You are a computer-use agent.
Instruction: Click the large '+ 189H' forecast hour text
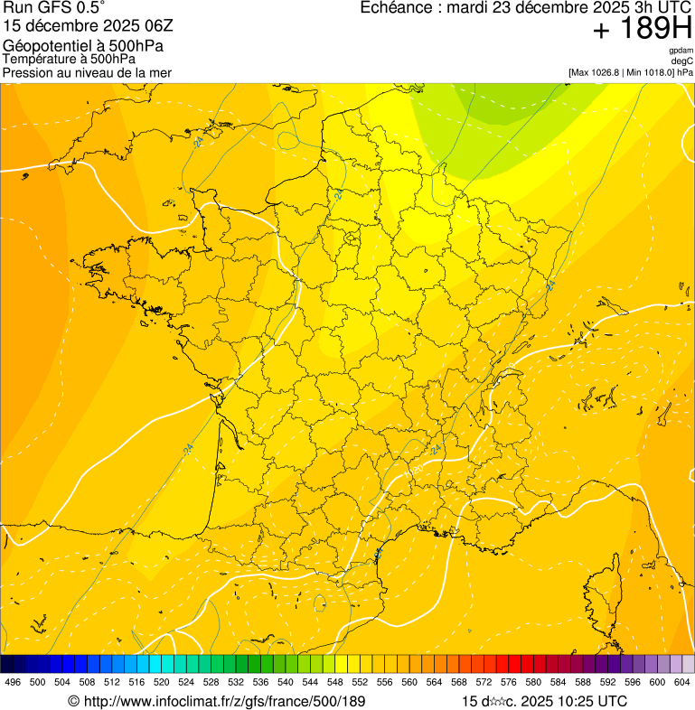pyautogui.click(x=642, y=30)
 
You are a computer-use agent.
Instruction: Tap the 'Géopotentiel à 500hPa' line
pyautogui.click(x=83, y=45)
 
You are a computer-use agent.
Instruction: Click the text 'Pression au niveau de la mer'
pyautogui.click(x=87, y=72)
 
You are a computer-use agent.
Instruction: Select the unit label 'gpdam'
pyautogui.click(x=681, y=51)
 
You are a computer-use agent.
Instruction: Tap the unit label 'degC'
pyautogui.click(x=683, y=61)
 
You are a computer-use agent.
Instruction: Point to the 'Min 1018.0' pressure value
pyautogui.click(x=651, y=72)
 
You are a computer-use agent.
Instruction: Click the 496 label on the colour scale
pyautogui.click(x=13, y=683)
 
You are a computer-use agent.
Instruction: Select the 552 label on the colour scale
pyautogui.click(x=360, y=683)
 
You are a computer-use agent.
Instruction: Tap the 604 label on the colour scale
pyautogui.click(x=682, y=683)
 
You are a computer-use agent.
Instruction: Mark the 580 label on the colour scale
pyautogui.click(x=533, y=683)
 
